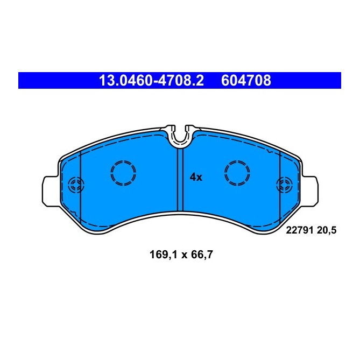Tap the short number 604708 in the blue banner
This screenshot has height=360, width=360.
[x=246, y=81]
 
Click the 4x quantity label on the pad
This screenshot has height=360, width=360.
[x=196, y=177]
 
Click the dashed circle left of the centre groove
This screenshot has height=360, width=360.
[x=123, y=172]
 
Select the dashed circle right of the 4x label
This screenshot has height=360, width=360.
[x=237, y=172]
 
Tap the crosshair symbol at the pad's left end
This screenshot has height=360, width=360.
[x=75, y=186]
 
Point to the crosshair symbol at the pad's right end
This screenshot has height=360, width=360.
[x=283, y=186]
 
